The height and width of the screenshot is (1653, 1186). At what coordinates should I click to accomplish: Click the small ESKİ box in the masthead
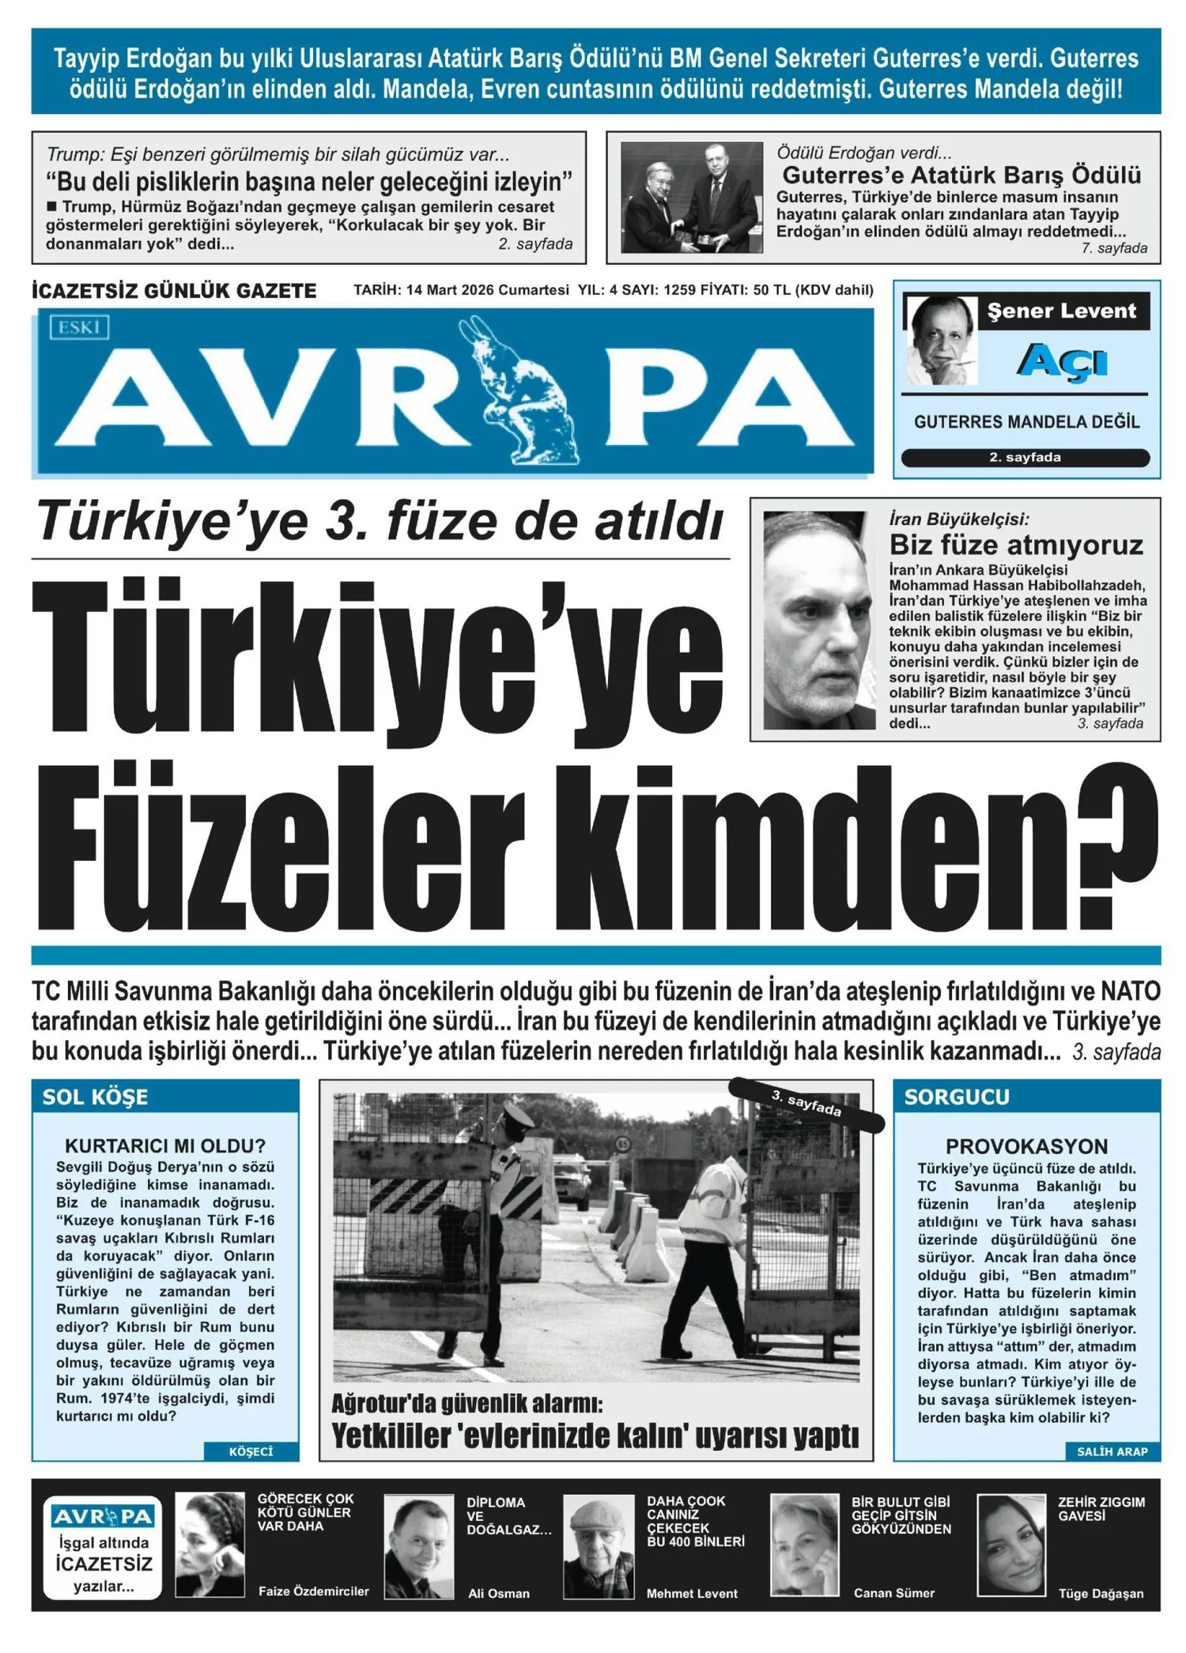pyautogui.click(x=79, y=326)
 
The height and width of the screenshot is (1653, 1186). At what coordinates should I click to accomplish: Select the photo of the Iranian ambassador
pyautogui.click(x=818, y=620)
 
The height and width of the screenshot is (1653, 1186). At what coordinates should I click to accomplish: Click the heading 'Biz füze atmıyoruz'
pyautogui.click(x=1016, y=545)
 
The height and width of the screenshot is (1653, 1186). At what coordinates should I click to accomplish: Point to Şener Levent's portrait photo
pyautogui.click(x=941, y=341)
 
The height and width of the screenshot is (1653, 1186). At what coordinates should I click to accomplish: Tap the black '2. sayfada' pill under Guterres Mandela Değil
pyautogui.click(x=1025, y=457)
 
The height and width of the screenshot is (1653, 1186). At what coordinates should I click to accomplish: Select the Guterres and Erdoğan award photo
pyautogui.click(x=692, y=198)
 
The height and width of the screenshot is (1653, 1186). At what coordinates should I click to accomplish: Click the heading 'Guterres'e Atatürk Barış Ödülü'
pyautogui.click(x=961, y=175)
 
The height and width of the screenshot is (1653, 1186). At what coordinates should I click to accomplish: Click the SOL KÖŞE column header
pyautogui.click(x=96, y=1096)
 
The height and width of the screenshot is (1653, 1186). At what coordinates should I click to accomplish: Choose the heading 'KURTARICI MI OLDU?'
pyautogui.click(x=165, y=1145)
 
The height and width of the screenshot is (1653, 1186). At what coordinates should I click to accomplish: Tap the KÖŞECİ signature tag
pyautogui.click(x=251, y=1451)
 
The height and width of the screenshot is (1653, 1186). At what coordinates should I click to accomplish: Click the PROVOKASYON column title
pyautogui.click(x=1026, y=1145)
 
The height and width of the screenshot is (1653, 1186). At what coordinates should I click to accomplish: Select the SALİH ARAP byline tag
pyautogui.click(x=1112, y=1451)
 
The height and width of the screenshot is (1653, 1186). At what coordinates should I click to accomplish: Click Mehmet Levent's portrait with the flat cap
pyautogui.click(x=599, y=1545)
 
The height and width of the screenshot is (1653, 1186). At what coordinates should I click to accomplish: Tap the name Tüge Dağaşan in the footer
pyautogui.click(x=1101, y=1593)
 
